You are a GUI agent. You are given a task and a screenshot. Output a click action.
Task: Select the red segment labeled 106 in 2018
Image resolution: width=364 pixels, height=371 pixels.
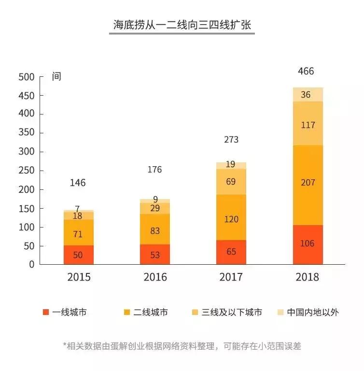tap(308, 244)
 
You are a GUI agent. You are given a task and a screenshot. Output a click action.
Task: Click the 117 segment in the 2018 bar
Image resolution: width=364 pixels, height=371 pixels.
tap(308, 125)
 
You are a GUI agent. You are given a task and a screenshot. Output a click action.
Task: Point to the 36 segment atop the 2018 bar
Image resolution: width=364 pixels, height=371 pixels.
tap(308, 95)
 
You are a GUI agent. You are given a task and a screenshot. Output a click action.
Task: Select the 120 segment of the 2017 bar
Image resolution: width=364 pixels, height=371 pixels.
tap(231, 219)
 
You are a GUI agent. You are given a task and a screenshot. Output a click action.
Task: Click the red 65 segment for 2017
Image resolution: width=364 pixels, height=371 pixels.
tap(231, 252)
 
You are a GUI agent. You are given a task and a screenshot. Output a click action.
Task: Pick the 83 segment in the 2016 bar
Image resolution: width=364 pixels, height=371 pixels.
tap(155, 231)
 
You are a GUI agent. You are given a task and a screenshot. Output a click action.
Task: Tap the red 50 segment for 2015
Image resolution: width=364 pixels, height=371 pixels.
tap(78, 255)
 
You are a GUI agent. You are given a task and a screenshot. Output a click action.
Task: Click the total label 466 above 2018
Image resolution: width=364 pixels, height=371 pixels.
tap(306, 71)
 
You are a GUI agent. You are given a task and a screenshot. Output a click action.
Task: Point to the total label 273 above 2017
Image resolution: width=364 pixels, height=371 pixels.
tap(231, 140)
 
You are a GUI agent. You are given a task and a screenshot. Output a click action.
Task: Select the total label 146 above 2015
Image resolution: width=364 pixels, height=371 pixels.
tap(78, 183)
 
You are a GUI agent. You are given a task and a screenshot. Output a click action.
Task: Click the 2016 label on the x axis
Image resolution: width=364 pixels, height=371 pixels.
tap(155, 277)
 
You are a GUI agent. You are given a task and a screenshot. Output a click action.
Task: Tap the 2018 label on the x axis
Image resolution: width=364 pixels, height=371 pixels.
tap(308, 277)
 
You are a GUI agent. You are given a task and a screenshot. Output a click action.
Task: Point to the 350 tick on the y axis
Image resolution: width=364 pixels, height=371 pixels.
tap(27, 133)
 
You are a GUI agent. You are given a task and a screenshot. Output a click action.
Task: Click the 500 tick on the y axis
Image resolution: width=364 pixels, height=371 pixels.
tap(27, 77)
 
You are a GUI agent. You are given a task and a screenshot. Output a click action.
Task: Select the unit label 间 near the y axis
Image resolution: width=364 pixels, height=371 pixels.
tap(56, 77)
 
